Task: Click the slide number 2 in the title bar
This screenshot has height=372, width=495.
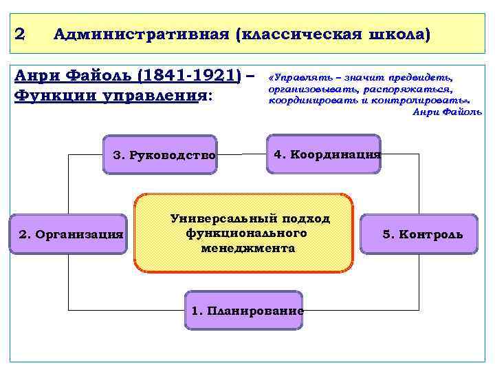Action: (20, 34)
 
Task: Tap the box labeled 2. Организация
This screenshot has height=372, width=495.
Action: (71, 234)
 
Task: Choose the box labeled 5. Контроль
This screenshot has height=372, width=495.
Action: (422, 234)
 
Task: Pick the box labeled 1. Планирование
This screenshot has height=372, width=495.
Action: (246, 311)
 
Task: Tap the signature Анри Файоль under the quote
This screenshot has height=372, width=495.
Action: (447, 112)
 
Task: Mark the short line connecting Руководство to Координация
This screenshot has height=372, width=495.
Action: (233, 155)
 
